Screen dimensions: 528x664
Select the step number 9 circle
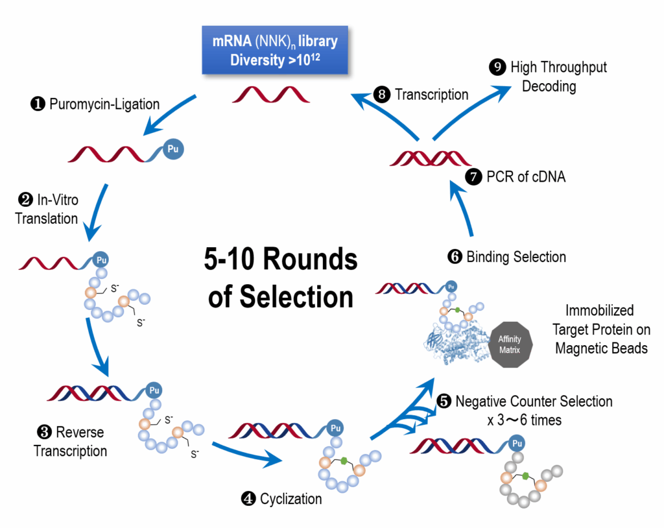[498, 67]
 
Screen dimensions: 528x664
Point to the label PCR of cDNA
[526, 176]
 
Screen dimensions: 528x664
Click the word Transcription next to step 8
[431, 95]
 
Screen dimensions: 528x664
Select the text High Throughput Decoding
[558, 77]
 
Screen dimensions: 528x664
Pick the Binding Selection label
[516, 257]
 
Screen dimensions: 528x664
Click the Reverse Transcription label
[71, 441]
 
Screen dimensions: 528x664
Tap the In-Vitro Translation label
[47, 210]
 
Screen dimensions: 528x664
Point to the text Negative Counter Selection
[533, 402]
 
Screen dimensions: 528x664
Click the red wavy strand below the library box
[272, 95]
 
